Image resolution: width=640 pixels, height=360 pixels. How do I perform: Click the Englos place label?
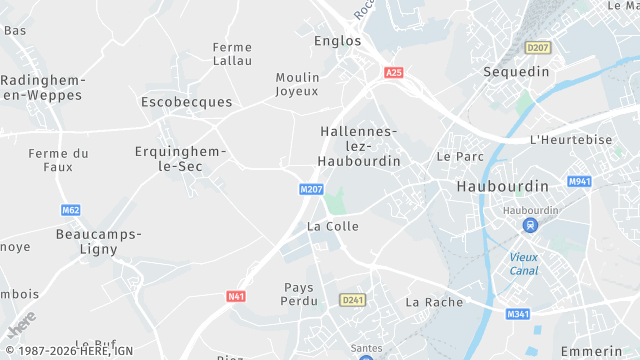[337, 41]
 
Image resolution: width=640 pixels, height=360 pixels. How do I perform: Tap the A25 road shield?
[394, 73]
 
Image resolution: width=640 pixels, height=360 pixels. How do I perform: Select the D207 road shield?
[538, 48]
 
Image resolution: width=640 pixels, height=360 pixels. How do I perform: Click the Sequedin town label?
[517, 72]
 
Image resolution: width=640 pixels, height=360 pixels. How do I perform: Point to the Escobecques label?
[186, 102]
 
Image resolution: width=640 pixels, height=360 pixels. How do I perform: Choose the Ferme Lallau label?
[232, 54]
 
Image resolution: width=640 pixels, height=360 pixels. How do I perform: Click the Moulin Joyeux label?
[297, 84]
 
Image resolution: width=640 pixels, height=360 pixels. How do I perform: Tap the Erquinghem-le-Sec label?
[181, 159]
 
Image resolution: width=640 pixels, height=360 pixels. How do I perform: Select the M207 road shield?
[311, 189]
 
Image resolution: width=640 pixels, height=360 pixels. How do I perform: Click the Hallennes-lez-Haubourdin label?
[359, 146]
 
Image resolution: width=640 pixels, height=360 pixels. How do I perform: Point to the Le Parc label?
[460, 157]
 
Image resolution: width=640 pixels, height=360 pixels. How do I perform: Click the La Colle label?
[333, 226]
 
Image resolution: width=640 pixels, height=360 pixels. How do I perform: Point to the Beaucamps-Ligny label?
[98, 242]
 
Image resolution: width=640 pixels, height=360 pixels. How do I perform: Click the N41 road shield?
[236, 296]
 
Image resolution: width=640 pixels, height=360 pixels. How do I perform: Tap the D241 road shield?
[351, 299]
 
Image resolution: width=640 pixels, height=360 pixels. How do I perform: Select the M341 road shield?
[518, 315]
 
